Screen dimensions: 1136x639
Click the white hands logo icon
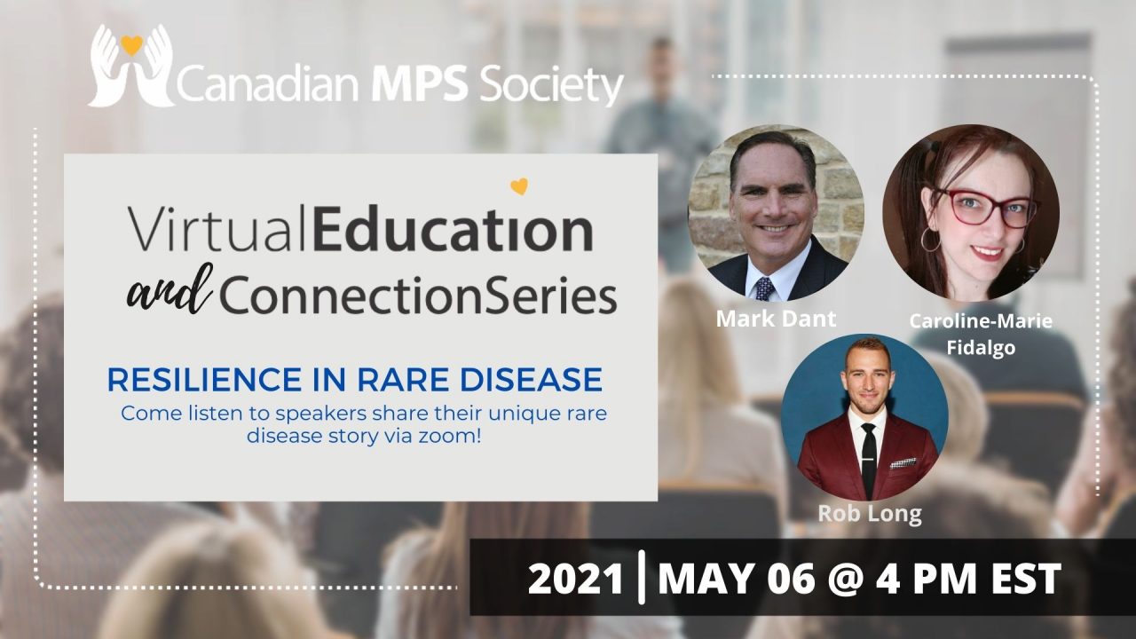pyautogui.click(x=130, y=66)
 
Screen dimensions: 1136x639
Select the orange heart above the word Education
pyautogui.click(x=519, y=186)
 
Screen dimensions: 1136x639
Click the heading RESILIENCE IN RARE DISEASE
pyautogui.click(x=355, y=379)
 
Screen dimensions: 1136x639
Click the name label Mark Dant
pyautogui.click(x=776, y=319)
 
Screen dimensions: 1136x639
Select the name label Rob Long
pyautogui.click(x=870, y=514)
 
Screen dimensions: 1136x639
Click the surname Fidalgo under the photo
pyautogui.click(x=981, y=349)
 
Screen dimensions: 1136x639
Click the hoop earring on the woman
pyautogui.click(x=931, y=240)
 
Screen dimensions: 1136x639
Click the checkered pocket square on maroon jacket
pyautogui.click(x=903, y=463)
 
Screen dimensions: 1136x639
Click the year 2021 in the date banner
pyautogui.click(x=576, y=580)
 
